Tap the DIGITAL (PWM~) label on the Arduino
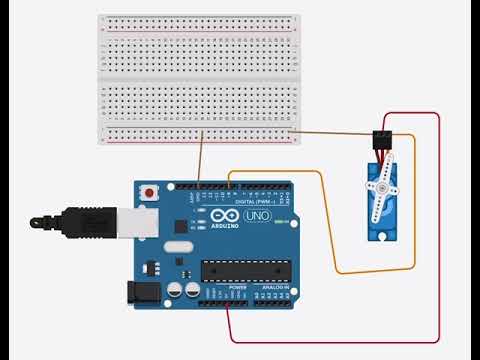[251, 201]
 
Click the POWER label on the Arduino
[238, 288]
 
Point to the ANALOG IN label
[276, 288]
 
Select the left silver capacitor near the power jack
[175, 289]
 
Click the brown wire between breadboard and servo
[330, 131]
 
